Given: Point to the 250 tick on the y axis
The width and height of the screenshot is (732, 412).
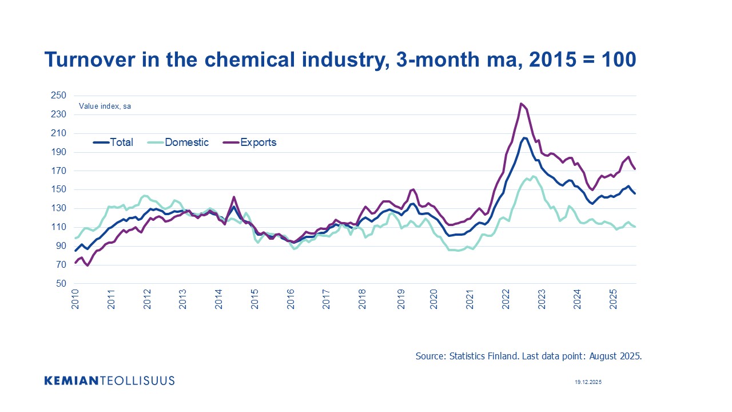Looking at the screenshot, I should coord(59,96).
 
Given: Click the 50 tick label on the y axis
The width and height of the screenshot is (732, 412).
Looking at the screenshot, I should coord(61,284).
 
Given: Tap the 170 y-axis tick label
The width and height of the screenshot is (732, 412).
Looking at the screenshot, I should coord(59,171).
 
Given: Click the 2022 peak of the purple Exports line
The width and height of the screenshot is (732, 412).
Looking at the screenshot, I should coord(520,104).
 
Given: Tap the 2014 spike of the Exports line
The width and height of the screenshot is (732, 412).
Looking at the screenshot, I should coord(233,197).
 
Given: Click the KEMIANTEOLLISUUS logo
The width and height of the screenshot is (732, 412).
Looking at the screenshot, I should coord(109,381).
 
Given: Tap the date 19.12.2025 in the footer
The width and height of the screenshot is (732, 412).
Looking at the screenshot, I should coord(588,382).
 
